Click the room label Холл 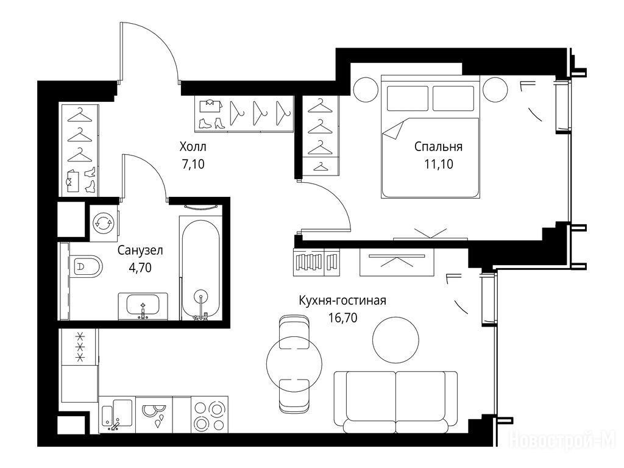coord(193,147)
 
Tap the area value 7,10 coord(193,164)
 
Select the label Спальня coord(438,147)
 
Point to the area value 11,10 coord(439,164)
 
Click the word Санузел coord(140,250)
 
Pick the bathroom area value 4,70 coord(140,268)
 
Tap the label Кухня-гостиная coord(342,300)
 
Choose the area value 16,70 coord(342,317)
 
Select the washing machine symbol coord(104,223)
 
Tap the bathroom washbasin coord(143,306)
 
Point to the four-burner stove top coord(210,414)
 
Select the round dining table coord(294,363)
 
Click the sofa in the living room coord(395,402)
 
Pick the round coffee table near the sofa coord(395,339)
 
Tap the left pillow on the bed coord(408,98)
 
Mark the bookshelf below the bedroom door coord(316,262)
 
